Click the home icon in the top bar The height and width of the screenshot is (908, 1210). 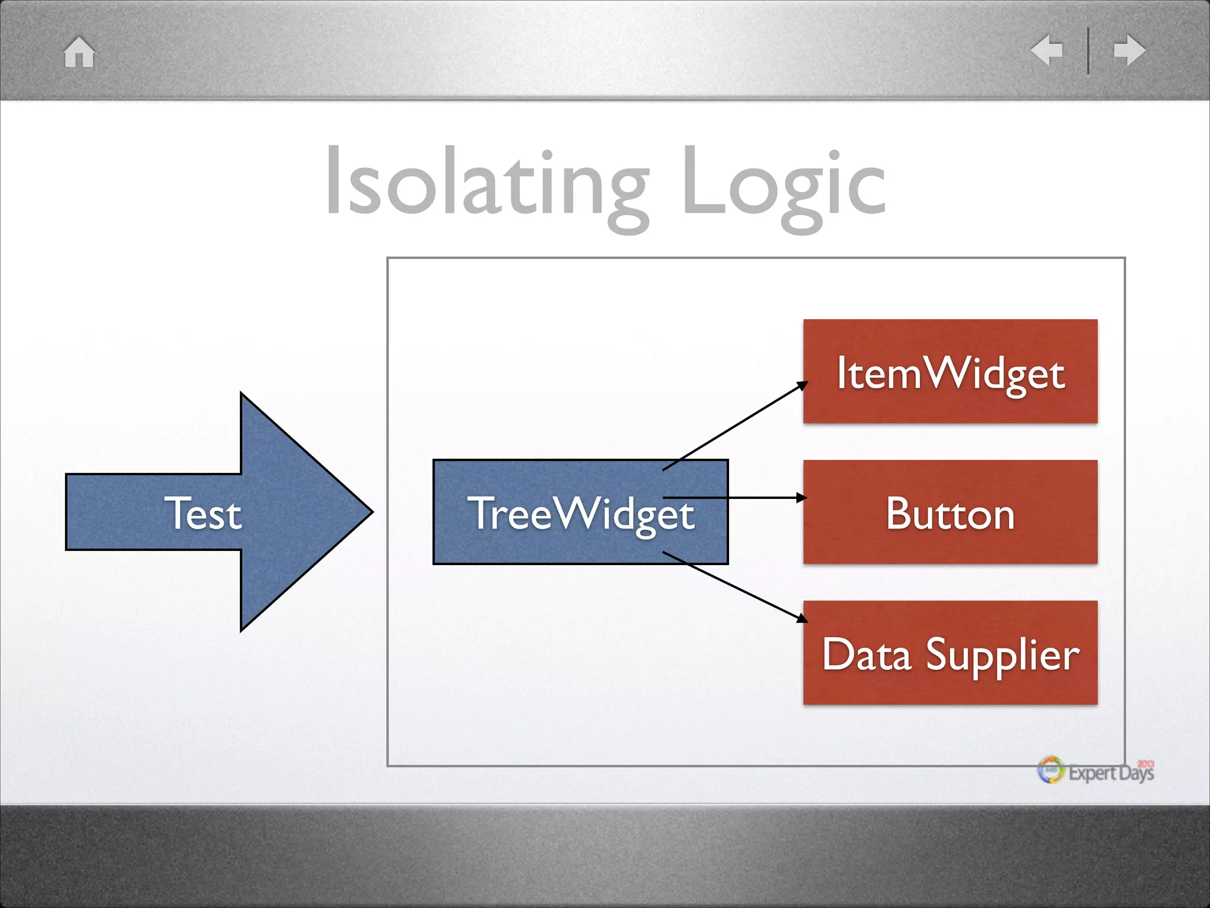[79, 52]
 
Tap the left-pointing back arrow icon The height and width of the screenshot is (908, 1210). [1047, 50]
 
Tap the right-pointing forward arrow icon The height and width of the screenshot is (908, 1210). [1129, 50]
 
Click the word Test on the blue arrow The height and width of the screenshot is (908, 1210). [203, 513]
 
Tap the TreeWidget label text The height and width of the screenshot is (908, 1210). [581, 513]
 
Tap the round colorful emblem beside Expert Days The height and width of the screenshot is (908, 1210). [1051, 770]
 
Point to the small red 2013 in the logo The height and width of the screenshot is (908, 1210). [1146, 764]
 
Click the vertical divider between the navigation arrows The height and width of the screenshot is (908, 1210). [1088, 51]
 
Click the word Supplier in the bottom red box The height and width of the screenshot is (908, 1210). [1003, 655]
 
